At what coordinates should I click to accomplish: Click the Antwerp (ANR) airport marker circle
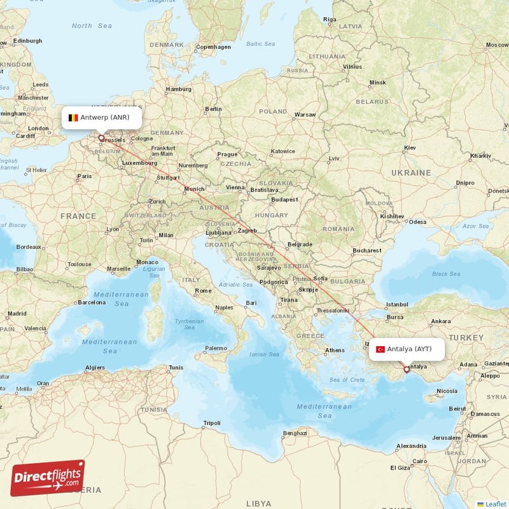click(101, 137)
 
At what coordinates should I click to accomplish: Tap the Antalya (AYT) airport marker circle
click(407, 369)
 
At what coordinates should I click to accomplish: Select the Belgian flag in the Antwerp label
click(73, 118)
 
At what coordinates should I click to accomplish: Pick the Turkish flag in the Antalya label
click(380, 349)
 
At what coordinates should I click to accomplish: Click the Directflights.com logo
click(48, 478)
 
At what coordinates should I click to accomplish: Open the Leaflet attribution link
click(495, 503)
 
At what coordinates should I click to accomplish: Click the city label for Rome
click(204, 291)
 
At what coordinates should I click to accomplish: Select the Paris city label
click(84, 176)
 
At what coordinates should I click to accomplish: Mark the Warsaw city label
click(305, 115)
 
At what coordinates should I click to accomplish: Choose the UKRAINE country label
click(411, 172)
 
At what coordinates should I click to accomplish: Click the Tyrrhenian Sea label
click(190, 324)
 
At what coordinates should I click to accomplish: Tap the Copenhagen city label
click(214, 46)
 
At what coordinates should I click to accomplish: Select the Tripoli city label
click(211, 423)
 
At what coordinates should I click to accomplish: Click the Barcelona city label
click(90, 303)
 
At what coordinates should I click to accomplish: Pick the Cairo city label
click(420, 461)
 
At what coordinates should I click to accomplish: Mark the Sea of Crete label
click(347, 380)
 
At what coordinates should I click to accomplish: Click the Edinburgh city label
click(28, 41)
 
